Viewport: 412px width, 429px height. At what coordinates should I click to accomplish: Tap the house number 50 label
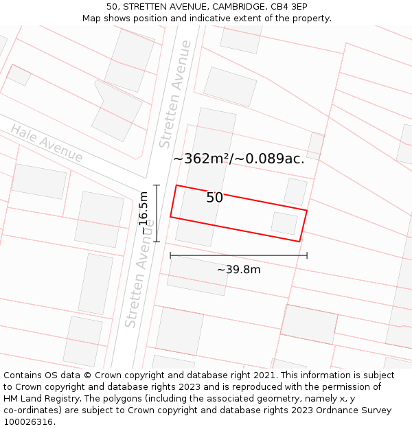pyautogui.click(x=214, y=198)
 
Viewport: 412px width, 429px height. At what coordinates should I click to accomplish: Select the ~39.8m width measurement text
pyautogui.click(x=238, y=270)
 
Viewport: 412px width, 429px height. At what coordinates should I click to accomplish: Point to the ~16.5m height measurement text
pyautogui.click(x=144, y=213)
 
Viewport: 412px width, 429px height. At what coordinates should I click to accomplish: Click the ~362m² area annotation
pyautogui.click(x=201, y=159)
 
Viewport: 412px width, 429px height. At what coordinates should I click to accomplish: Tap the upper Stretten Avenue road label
pyautogui.click(x=175, y=94)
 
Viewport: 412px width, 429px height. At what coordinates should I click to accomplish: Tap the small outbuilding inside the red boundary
pyautogui.click(x=284, y=223)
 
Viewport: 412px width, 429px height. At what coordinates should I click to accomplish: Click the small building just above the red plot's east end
pyautogui.click(x=295, y=191)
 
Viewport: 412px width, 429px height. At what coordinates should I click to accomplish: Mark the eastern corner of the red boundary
pyautogui.click(x=306, y=211)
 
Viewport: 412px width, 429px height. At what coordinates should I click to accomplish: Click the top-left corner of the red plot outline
pyautogui.click(x=176, y=185)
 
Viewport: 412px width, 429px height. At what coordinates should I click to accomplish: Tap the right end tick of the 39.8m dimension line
pyautogui.click(x=307, y=255)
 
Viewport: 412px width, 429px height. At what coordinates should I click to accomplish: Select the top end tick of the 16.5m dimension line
pyautogui.click(x=157, y=185)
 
